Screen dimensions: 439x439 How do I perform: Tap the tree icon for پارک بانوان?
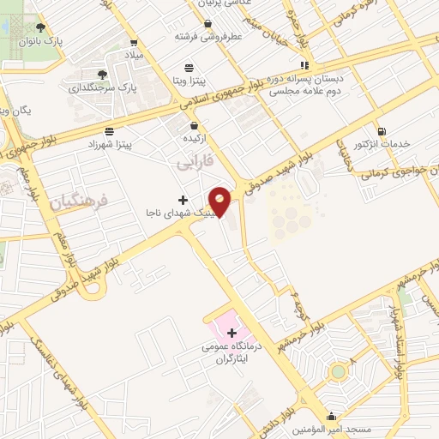(39, 27)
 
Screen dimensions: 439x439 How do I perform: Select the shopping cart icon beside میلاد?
(133, 41)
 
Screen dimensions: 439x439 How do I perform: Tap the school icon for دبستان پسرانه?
(303, 65)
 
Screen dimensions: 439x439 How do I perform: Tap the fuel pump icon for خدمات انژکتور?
(381, 131)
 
